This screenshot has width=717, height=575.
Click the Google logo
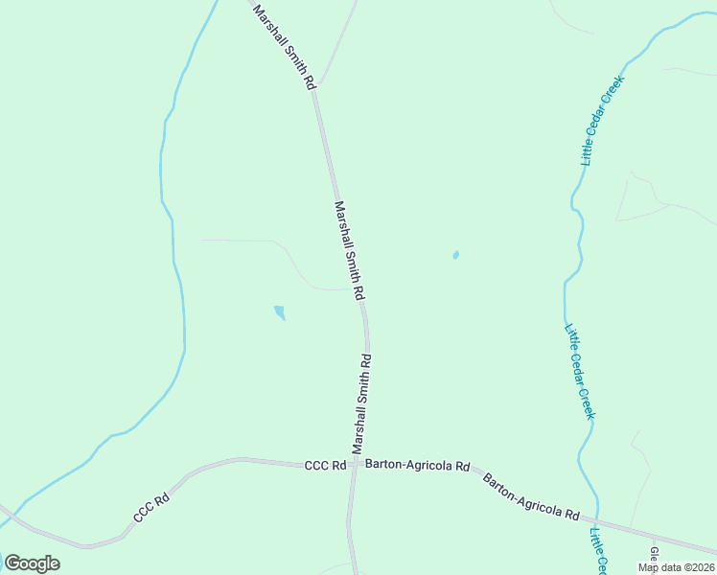click(32, 563)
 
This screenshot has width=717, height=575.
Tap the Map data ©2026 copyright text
click(676, 567)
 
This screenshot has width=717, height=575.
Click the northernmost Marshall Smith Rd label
click(284, 47)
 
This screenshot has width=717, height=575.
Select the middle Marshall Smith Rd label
click(350, 248)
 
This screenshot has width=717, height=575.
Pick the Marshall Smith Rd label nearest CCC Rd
click(361, 403)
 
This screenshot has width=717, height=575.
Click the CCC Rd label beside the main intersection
click(325, 466)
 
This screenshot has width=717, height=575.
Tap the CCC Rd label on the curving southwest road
click(151, 508)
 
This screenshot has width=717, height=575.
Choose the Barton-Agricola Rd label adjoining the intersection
click(422, 467)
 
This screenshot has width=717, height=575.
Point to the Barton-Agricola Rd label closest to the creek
click(531, 494)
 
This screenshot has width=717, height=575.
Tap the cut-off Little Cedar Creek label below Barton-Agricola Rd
click(599, 552)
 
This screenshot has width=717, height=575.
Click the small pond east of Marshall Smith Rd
click(455, 255)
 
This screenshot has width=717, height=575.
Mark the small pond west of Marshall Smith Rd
click(279, 312)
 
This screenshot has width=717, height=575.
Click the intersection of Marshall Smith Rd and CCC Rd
click(354, 464)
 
